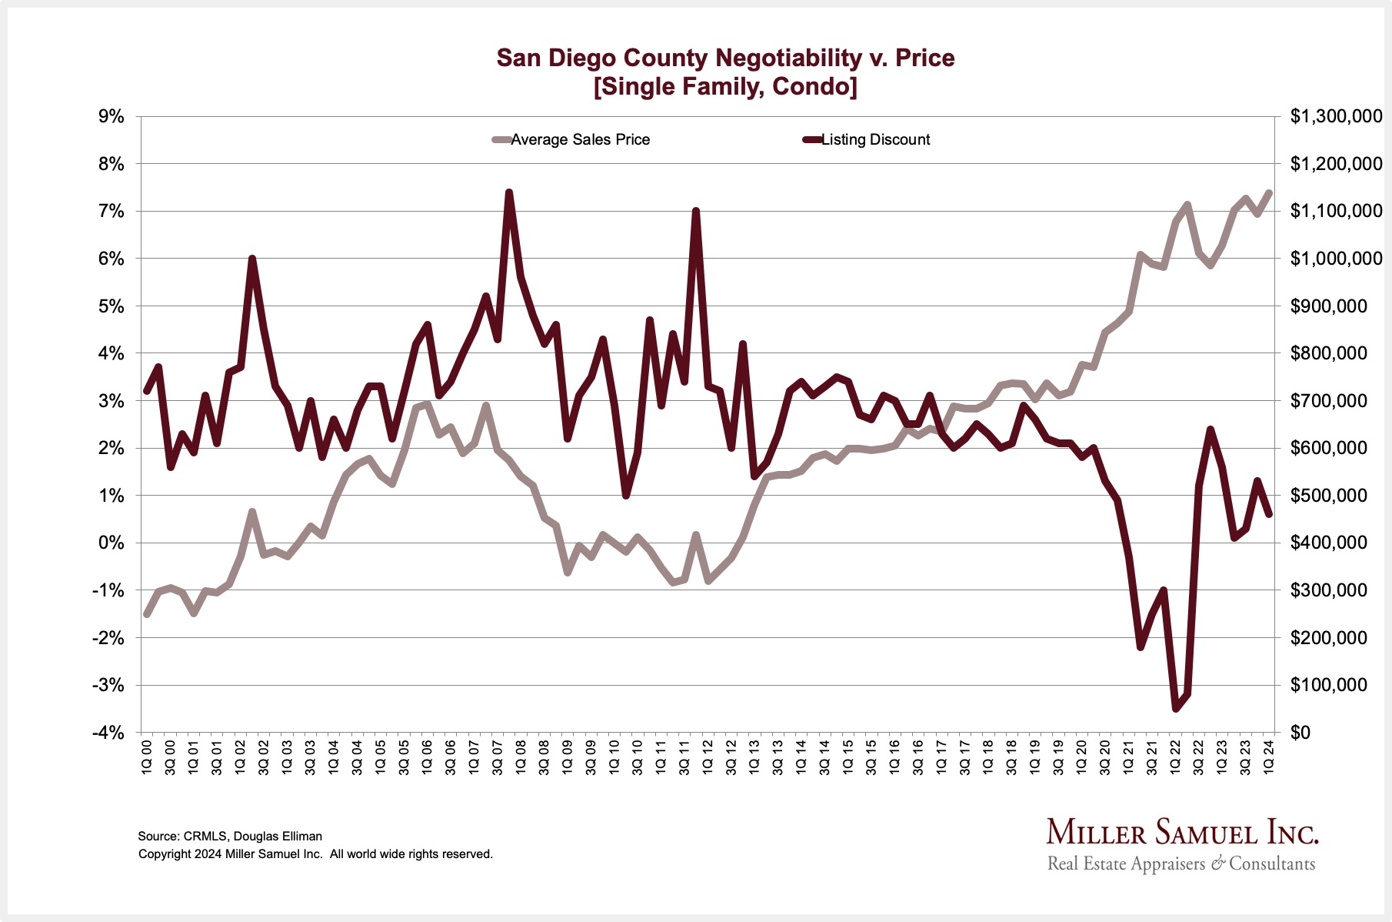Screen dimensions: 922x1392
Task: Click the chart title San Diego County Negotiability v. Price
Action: [725, 58]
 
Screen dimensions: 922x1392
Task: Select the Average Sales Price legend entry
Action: [580, 140]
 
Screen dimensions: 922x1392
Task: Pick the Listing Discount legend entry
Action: [875, 140]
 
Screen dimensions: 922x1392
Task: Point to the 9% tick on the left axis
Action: [111, 116]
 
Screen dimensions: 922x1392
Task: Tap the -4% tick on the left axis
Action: [108, 732]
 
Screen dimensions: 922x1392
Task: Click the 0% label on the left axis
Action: [111, 543]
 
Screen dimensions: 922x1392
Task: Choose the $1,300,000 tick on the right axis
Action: [1336, 116]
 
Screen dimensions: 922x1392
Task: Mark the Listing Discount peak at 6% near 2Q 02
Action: [251, 259]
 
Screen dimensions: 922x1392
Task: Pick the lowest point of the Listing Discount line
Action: [1175, 708]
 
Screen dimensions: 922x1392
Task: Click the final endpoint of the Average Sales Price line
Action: [1269, 193]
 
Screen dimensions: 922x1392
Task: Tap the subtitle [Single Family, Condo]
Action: [725, 86]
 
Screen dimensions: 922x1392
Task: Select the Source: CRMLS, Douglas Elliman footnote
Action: [230, 836]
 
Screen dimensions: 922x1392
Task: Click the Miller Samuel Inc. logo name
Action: [1182, 833]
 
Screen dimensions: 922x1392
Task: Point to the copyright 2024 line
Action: [315, 854]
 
